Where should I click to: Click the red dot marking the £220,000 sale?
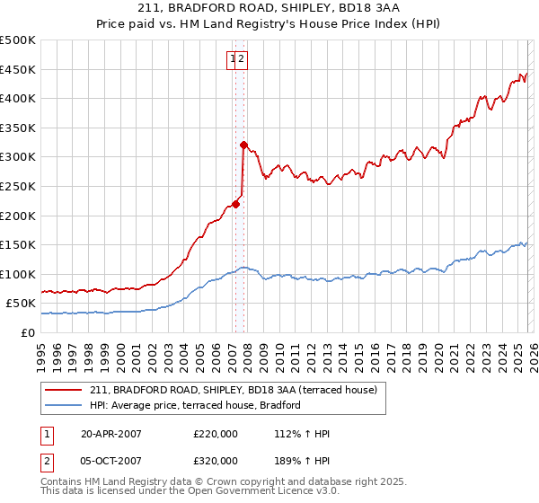(x=236, y=204)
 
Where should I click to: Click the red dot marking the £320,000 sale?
(x=243, y=145)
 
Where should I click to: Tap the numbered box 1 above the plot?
(x=233, y=59)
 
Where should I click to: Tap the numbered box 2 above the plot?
(x=243, y=59)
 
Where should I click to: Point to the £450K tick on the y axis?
(x=18, y=70)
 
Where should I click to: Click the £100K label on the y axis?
(x=18, y=274)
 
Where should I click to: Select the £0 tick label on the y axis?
(x=29, y=332)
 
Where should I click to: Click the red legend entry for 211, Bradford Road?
(x=238, y=390)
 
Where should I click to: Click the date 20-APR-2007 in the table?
(x=111, y=434)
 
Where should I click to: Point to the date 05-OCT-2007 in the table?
(x=111, y=461)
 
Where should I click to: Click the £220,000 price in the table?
(x=216, y=434)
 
